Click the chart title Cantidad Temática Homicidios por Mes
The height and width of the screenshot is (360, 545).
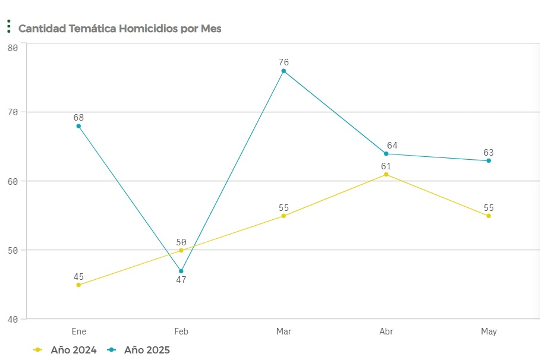(119, 29)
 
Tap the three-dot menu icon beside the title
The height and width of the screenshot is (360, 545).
(9, 26)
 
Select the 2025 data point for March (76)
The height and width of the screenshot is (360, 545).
(283, 71)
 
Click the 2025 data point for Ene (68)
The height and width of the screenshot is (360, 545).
(78, 126)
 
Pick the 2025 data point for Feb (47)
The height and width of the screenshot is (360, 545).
(181, 271)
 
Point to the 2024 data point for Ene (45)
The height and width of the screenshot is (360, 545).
(78, 285)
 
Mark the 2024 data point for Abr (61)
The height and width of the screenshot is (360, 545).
(386, 174)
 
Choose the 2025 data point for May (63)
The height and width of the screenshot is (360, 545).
(489, 160)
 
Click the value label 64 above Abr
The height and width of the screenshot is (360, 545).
(392, 146)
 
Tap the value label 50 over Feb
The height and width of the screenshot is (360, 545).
(181, 242)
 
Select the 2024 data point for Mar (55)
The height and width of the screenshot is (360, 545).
(283, 216)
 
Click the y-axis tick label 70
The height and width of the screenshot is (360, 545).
(12, 112)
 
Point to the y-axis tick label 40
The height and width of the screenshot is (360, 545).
(12, 319)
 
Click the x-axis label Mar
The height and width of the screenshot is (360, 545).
(283, 331)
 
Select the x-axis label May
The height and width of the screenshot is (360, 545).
(489, 331)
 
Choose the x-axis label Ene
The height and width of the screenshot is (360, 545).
(78, 331)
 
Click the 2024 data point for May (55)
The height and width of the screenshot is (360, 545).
(489, 216)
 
